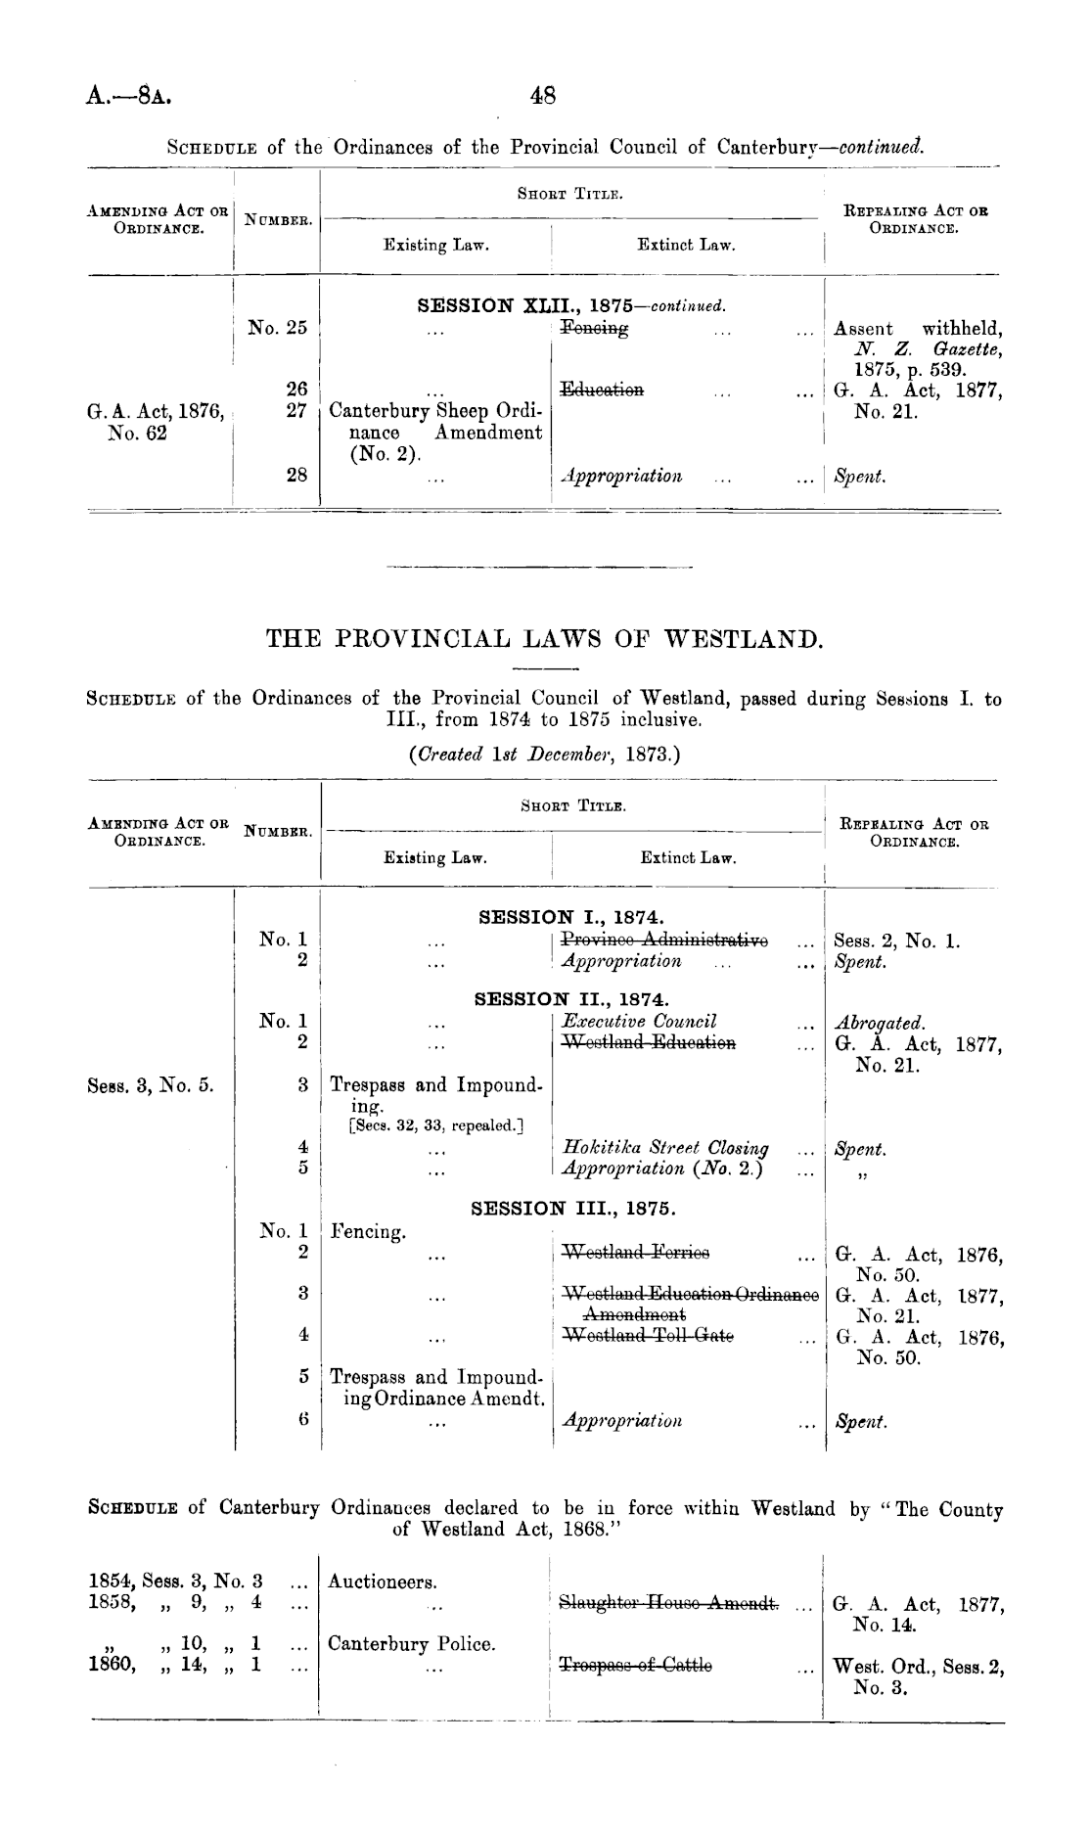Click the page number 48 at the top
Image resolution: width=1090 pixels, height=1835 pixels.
542,96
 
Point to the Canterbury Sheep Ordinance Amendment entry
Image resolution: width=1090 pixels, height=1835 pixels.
435,432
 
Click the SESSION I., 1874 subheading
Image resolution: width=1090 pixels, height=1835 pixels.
571,918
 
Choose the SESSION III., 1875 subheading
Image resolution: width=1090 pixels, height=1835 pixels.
571,1209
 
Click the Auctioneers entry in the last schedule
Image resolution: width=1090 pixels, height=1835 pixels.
383,1582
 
